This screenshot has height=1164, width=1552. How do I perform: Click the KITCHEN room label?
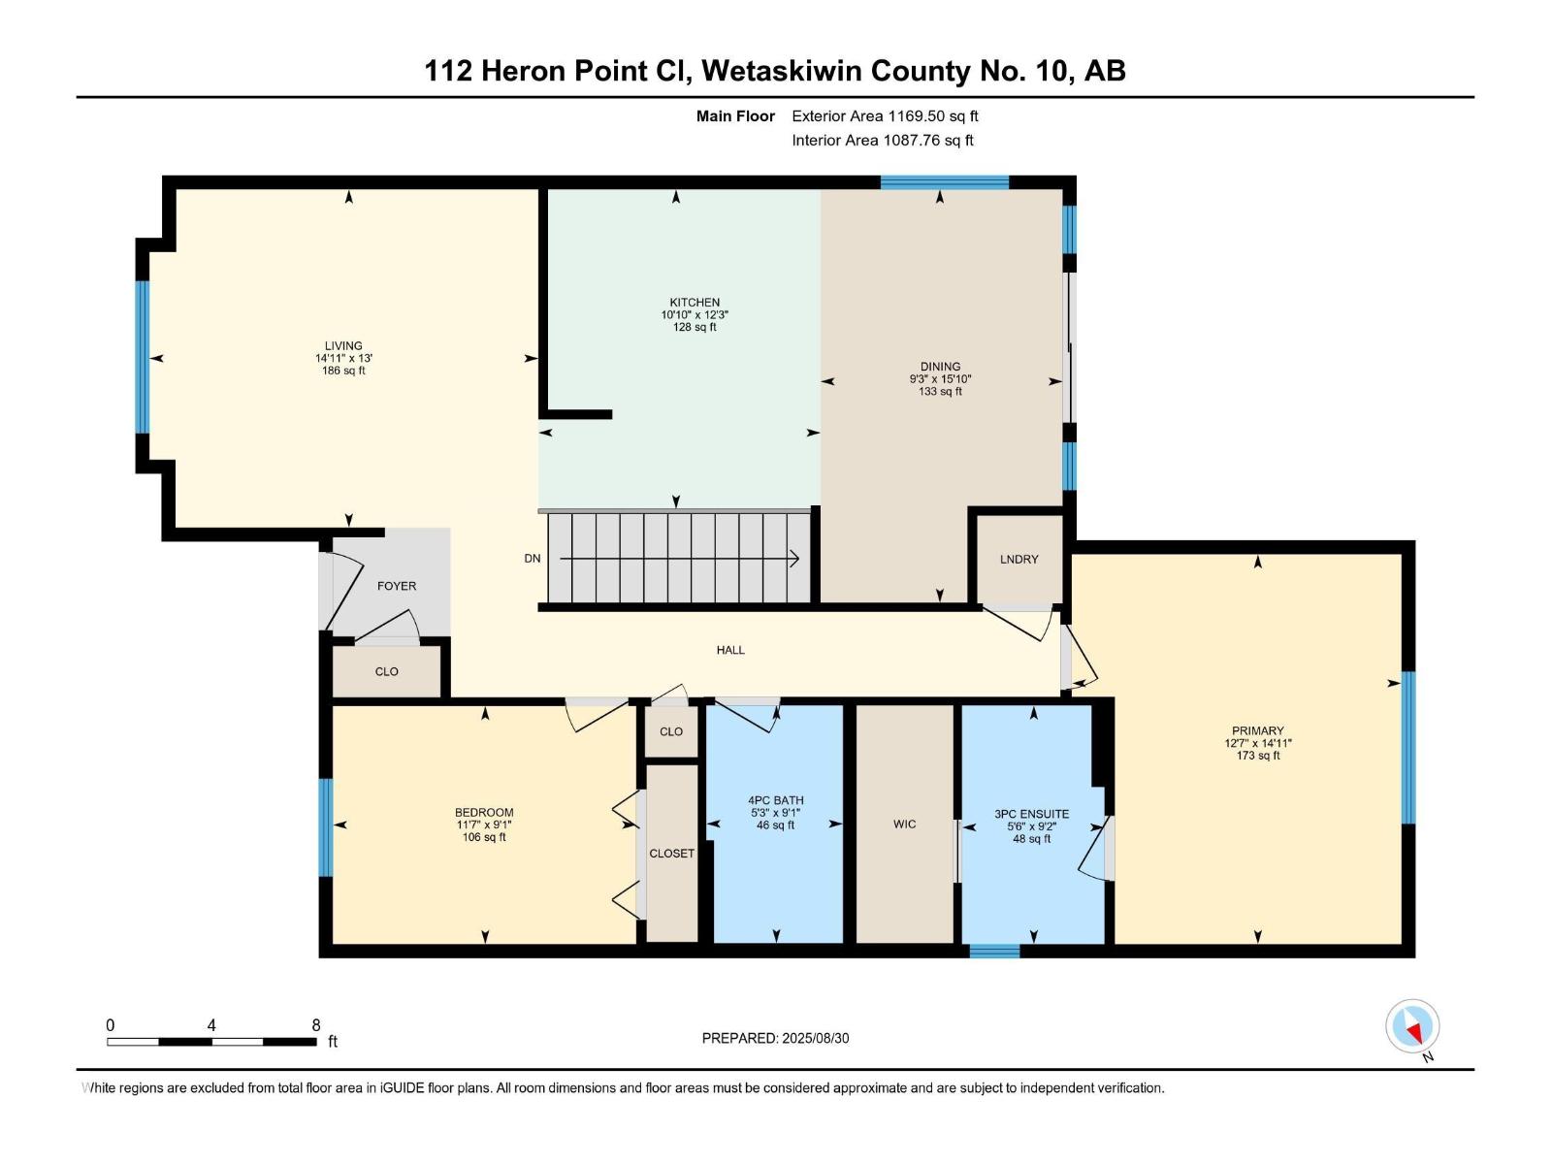coord(695,303)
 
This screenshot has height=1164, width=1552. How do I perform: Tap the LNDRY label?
coord(1018,559)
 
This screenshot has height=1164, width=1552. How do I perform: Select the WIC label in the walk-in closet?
coord(904,824)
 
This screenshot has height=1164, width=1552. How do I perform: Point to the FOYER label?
coord(397,586)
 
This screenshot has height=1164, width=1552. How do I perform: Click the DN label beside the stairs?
coord(533,559)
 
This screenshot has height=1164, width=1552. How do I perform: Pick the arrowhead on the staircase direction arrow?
coord(794,559)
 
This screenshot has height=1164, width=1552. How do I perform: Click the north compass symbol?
coord(1412,1026)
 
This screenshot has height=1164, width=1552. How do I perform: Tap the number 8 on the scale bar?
coord(316,1025)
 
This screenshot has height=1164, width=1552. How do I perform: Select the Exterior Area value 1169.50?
coord(916,115)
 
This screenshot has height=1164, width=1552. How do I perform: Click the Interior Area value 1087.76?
coord(912,140)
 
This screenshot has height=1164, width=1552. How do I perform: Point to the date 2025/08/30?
coord(815,1038)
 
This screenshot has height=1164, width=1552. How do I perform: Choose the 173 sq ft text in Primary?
coord(1257,756)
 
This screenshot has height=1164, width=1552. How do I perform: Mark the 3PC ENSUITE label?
coord(1032,814)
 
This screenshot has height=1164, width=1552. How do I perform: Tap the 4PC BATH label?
coord(776,801)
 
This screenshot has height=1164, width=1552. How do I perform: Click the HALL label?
coord(730,650)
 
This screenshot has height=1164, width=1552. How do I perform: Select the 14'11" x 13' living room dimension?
coord(343,358)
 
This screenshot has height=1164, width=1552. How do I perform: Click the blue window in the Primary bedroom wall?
coord(1407,748)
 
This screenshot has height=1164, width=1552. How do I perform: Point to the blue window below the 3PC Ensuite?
coord(994,952)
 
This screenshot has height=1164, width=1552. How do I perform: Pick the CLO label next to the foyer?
coord(386,671)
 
